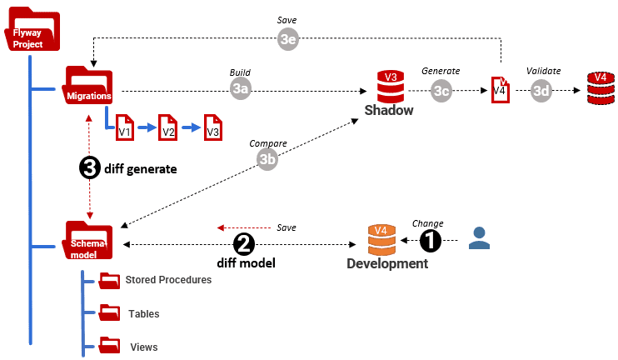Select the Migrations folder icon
coord(89,87)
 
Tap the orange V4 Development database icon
coord(381,239)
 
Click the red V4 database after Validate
coord(599,88)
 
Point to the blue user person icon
coord(479,239)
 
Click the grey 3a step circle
coord(241,89)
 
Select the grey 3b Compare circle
coord(267,159)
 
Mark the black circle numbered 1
coord(429,241)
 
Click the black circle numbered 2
coord(244,244)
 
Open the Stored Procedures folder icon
coord(109,281)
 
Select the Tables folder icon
coord(109,313)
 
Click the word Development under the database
coord(387,264)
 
